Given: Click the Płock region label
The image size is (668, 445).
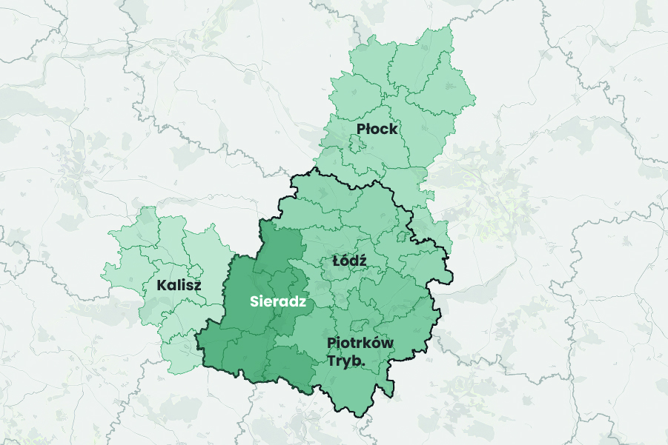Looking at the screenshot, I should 377,129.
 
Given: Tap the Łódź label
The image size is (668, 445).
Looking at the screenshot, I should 349,261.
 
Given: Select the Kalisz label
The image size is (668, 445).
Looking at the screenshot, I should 179,285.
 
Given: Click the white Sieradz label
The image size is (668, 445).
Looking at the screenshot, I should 278,301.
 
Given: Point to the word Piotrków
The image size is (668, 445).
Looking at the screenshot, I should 360,343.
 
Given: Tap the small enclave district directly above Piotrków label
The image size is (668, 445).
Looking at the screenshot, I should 360,325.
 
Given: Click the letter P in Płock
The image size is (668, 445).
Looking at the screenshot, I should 360,130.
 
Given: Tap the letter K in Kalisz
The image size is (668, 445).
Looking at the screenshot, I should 161,285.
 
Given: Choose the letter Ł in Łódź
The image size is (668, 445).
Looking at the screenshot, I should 337,261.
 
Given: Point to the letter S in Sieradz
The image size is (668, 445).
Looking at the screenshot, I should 254,301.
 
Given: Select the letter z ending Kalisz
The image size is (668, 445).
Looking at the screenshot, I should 197,286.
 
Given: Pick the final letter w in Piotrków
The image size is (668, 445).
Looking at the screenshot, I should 388,344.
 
